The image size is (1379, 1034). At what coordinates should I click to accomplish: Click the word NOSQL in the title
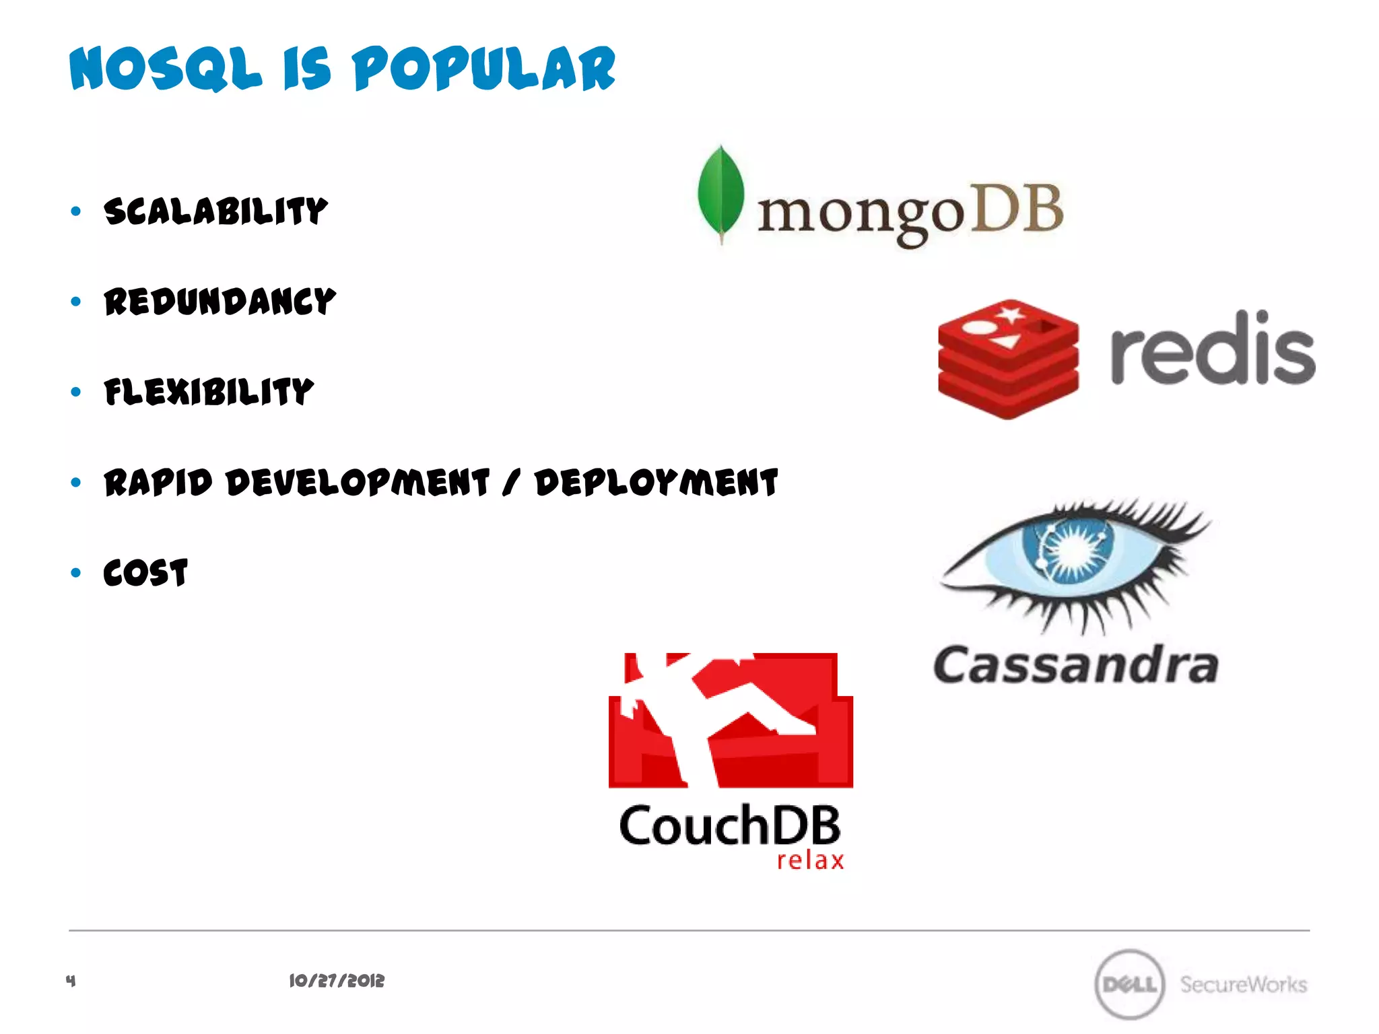[166, 69]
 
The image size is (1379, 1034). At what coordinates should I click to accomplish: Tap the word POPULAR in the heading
[483, 69]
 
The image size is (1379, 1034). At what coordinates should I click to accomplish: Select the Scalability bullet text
[215, 211]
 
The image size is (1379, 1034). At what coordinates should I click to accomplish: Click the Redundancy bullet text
[220, 302]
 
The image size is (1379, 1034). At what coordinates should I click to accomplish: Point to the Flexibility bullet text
[209, 392]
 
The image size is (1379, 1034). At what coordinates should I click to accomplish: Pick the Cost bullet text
[145, 573]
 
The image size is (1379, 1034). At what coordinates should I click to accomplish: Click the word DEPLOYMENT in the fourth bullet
[657, 483]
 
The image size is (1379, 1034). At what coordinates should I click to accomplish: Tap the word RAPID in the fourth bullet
[158, 483]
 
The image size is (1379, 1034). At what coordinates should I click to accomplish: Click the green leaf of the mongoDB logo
[720, 192]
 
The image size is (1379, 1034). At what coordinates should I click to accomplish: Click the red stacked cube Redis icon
[1008, 359]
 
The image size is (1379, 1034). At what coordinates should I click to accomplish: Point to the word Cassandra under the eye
[1075, 665]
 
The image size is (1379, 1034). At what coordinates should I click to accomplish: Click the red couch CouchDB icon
[731, 720]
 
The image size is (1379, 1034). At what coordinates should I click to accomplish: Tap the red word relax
[810, 861]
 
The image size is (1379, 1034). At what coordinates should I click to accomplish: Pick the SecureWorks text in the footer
[1243, 984]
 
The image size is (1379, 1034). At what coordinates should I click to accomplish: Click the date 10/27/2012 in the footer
[337, 981]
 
